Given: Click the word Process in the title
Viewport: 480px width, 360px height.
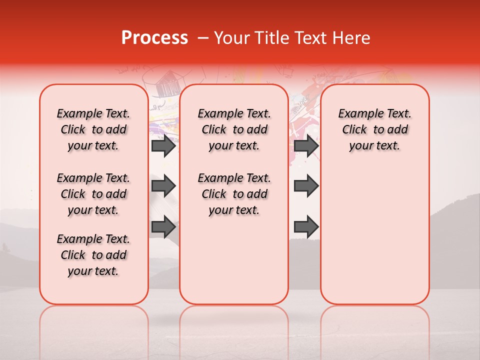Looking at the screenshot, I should [x=154, y=38].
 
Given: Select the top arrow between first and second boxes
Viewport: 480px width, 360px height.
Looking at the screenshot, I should [x=163, y=146].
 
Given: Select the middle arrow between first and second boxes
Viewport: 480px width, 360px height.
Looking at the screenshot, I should [x=163, y=186].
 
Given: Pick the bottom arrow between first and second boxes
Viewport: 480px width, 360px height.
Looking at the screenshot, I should [x=163, y=227].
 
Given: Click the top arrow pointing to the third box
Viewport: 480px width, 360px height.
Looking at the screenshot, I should [x=306, y=146].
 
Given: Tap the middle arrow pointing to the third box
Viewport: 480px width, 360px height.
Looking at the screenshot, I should [x=306, y=186].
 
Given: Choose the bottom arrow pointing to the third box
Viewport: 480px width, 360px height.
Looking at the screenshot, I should [x=306, y=227].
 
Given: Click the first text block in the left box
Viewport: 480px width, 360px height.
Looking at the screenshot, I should [x=93, y=129].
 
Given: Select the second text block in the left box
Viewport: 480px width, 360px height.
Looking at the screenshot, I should [x=93, y=194].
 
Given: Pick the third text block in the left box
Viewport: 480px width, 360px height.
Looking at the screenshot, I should [x=93, y=255].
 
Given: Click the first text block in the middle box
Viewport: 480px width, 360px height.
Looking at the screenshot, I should [x=234, y=129].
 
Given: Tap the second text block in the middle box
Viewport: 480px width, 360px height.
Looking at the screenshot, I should [x=234, y=194].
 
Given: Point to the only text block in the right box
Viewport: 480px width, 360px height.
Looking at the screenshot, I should [x=375, y=129].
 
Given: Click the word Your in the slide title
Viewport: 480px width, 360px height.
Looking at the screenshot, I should [x=232, y=38].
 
